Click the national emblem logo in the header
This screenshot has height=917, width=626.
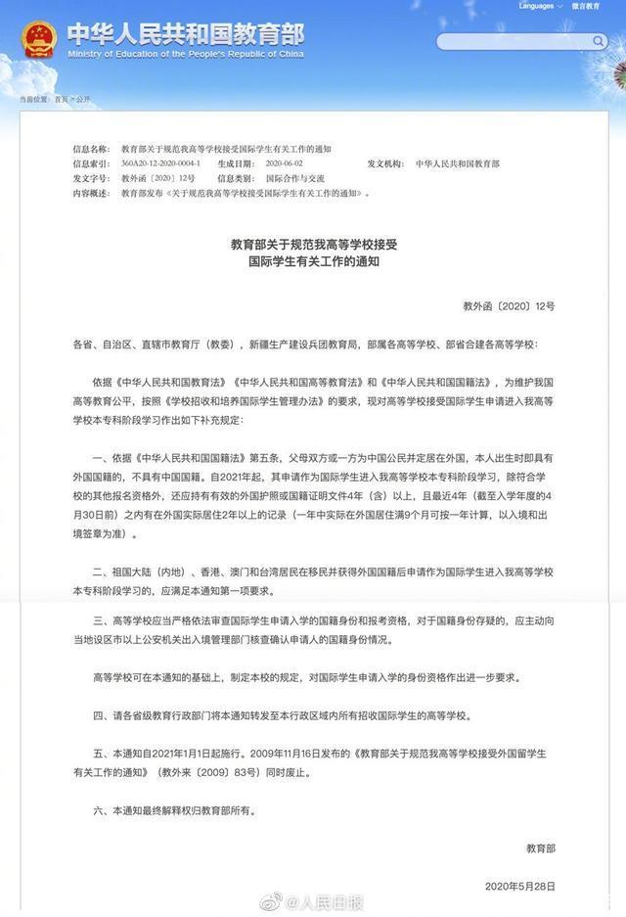38,39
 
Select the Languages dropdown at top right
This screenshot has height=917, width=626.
539,6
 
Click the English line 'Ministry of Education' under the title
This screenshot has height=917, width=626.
186,55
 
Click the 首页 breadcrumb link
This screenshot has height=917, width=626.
63,100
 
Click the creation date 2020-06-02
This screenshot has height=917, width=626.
286,163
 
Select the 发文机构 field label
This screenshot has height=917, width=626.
385,163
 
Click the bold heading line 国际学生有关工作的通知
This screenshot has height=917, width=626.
312,263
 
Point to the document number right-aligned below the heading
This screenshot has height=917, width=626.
509,306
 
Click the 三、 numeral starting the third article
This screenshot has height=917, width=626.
99,622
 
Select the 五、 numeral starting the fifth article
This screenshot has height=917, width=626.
99,755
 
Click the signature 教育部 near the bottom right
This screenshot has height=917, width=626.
540,848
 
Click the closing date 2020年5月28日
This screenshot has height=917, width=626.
519,886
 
